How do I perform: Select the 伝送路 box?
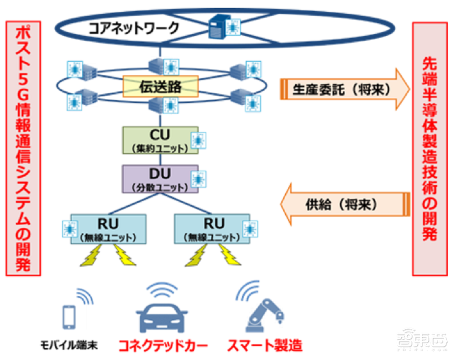click(160, 86)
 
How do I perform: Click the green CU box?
click(160, 140)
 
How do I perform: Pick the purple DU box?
click(160, 178)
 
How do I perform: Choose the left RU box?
click(108, 228)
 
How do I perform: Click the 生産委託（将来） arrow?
click(343, 90)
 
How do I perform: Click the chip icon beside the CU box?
click(198, 140)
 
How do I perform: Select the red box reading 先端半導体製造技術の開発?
click(430, 148)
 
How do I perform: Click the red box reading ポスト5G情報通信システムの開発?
click(23, 148)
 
